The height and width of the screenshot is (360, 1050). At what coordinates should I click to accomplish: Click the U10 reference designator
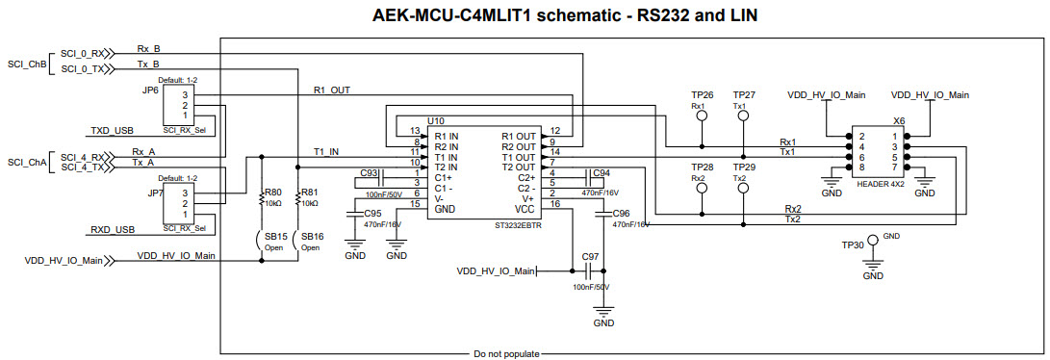pyautogui.click(x=436, y=120)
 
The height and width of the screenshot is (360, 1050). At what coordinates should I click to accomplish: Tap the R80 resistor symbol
pyautogui.click(x=262, y=200)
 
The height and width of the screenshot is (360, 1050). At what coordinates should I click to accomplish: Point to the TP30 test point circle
pyautogui.click(x=874, y=237)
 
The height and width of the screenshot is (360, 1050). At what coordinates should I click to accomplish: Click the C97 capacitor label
pyautogui.click(x=590, y=257)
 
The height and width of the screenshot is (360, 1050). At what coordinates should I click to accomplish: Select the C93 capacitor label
pyautogui.click(x=369, y=173)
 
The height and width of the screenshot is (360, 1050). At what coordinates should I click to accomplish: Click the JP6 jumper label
pyautogui.click(x=150, y=90)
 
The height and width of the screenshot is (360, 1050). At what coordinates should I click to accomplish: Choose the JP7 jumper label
pyautogui.click(x=155, y=193)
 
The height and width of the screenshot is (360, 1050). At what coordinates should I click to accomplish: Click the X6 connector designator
pyautogui.click(x=899, y=121)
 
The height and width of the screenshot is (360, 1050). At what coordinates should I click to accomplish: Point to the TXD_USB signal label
pyautogui.click(x=113, y=130)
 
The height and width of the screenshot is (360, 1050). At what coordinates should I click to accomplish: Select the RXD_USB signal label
pyautogui.click(x=113, y=230)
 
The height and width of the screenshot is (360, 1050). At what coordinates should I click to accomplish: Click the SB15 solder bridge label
pyautogui.click(x=276, y=236)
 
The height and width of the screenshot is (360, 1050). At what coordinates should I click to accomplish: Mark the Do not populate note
pyautogui.click(x=506, y=354)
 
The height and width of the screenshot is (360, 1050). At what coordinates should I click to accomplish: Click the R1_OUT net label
pyautogui.click(x=332, y=90)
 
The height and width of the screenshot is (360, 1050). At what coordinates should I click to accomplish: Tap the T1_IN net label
pyautogui.click(x=326, y=151)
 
